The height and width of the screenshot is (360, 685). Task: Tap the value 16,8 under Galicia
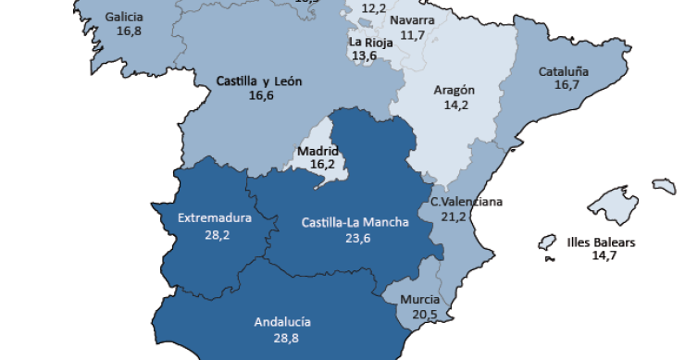pos(129,31)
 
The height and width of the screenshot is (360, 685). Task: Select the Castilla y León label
pos(260,81)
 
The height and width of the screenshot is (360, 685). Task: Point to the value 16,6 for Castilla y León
pos(261,94)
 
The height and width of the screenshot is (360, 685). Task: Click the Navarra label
pos(412,20)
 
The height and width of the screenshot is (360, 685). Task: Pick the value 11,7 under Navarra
pos(412,35)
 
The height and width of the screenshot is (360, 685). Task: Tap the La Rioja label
pos(368,42)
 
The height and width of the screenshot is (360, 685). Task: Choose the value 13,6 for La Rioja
pos(364,56)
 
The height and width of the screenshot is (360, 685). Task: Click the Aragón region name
pos(455,90)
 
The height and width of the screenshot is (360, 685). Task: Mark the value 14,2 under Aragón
pos(455,105)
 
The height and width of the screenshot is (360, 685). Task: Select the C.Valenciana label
pos(466,202)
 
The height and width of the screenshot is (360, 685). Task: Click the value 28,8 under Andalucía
pos(282,339)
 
